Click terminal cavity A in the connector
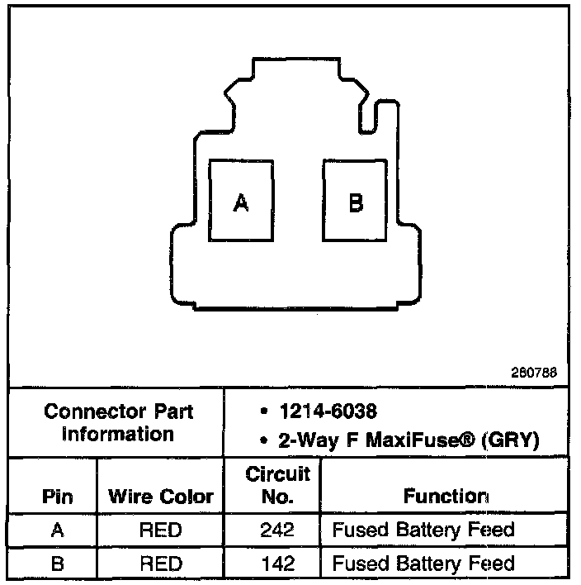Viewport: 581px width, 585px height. click(x=241, y=201)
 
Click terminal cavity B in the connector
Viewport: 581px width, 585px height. click(x=356, y=201)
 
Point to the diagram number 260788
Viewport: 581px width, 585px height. click(x=534, y=373)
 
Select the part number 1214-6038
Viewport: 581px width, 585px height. click(x=328, y=411)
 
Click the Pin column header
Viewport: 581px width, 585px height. click(x=56, y=497)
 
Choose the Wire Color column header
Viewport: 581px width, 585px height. click(x=161, y=497)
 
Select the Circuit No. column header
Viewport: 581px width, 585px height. click(x=277, y=486)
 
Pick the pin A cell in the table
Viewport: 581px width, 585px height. click(x=56, y=530)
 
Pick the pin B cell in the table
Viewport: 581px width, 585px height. click(x=56, y=564)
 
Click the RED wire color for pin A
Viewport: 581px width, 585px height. click(x=161, y=530)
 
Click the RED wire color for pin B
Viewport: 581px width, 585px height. click(x=161, y=564)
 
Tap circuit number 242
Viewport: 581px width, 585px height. click(x=277, y=530)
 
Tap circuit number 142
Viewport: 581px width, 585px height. click(x=277, y=564)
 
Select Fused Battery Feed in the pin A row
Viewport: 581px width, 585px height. click(x=423, y=530)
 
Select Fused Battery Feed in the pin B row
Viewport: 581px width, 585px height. click(x=423, y=564)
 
